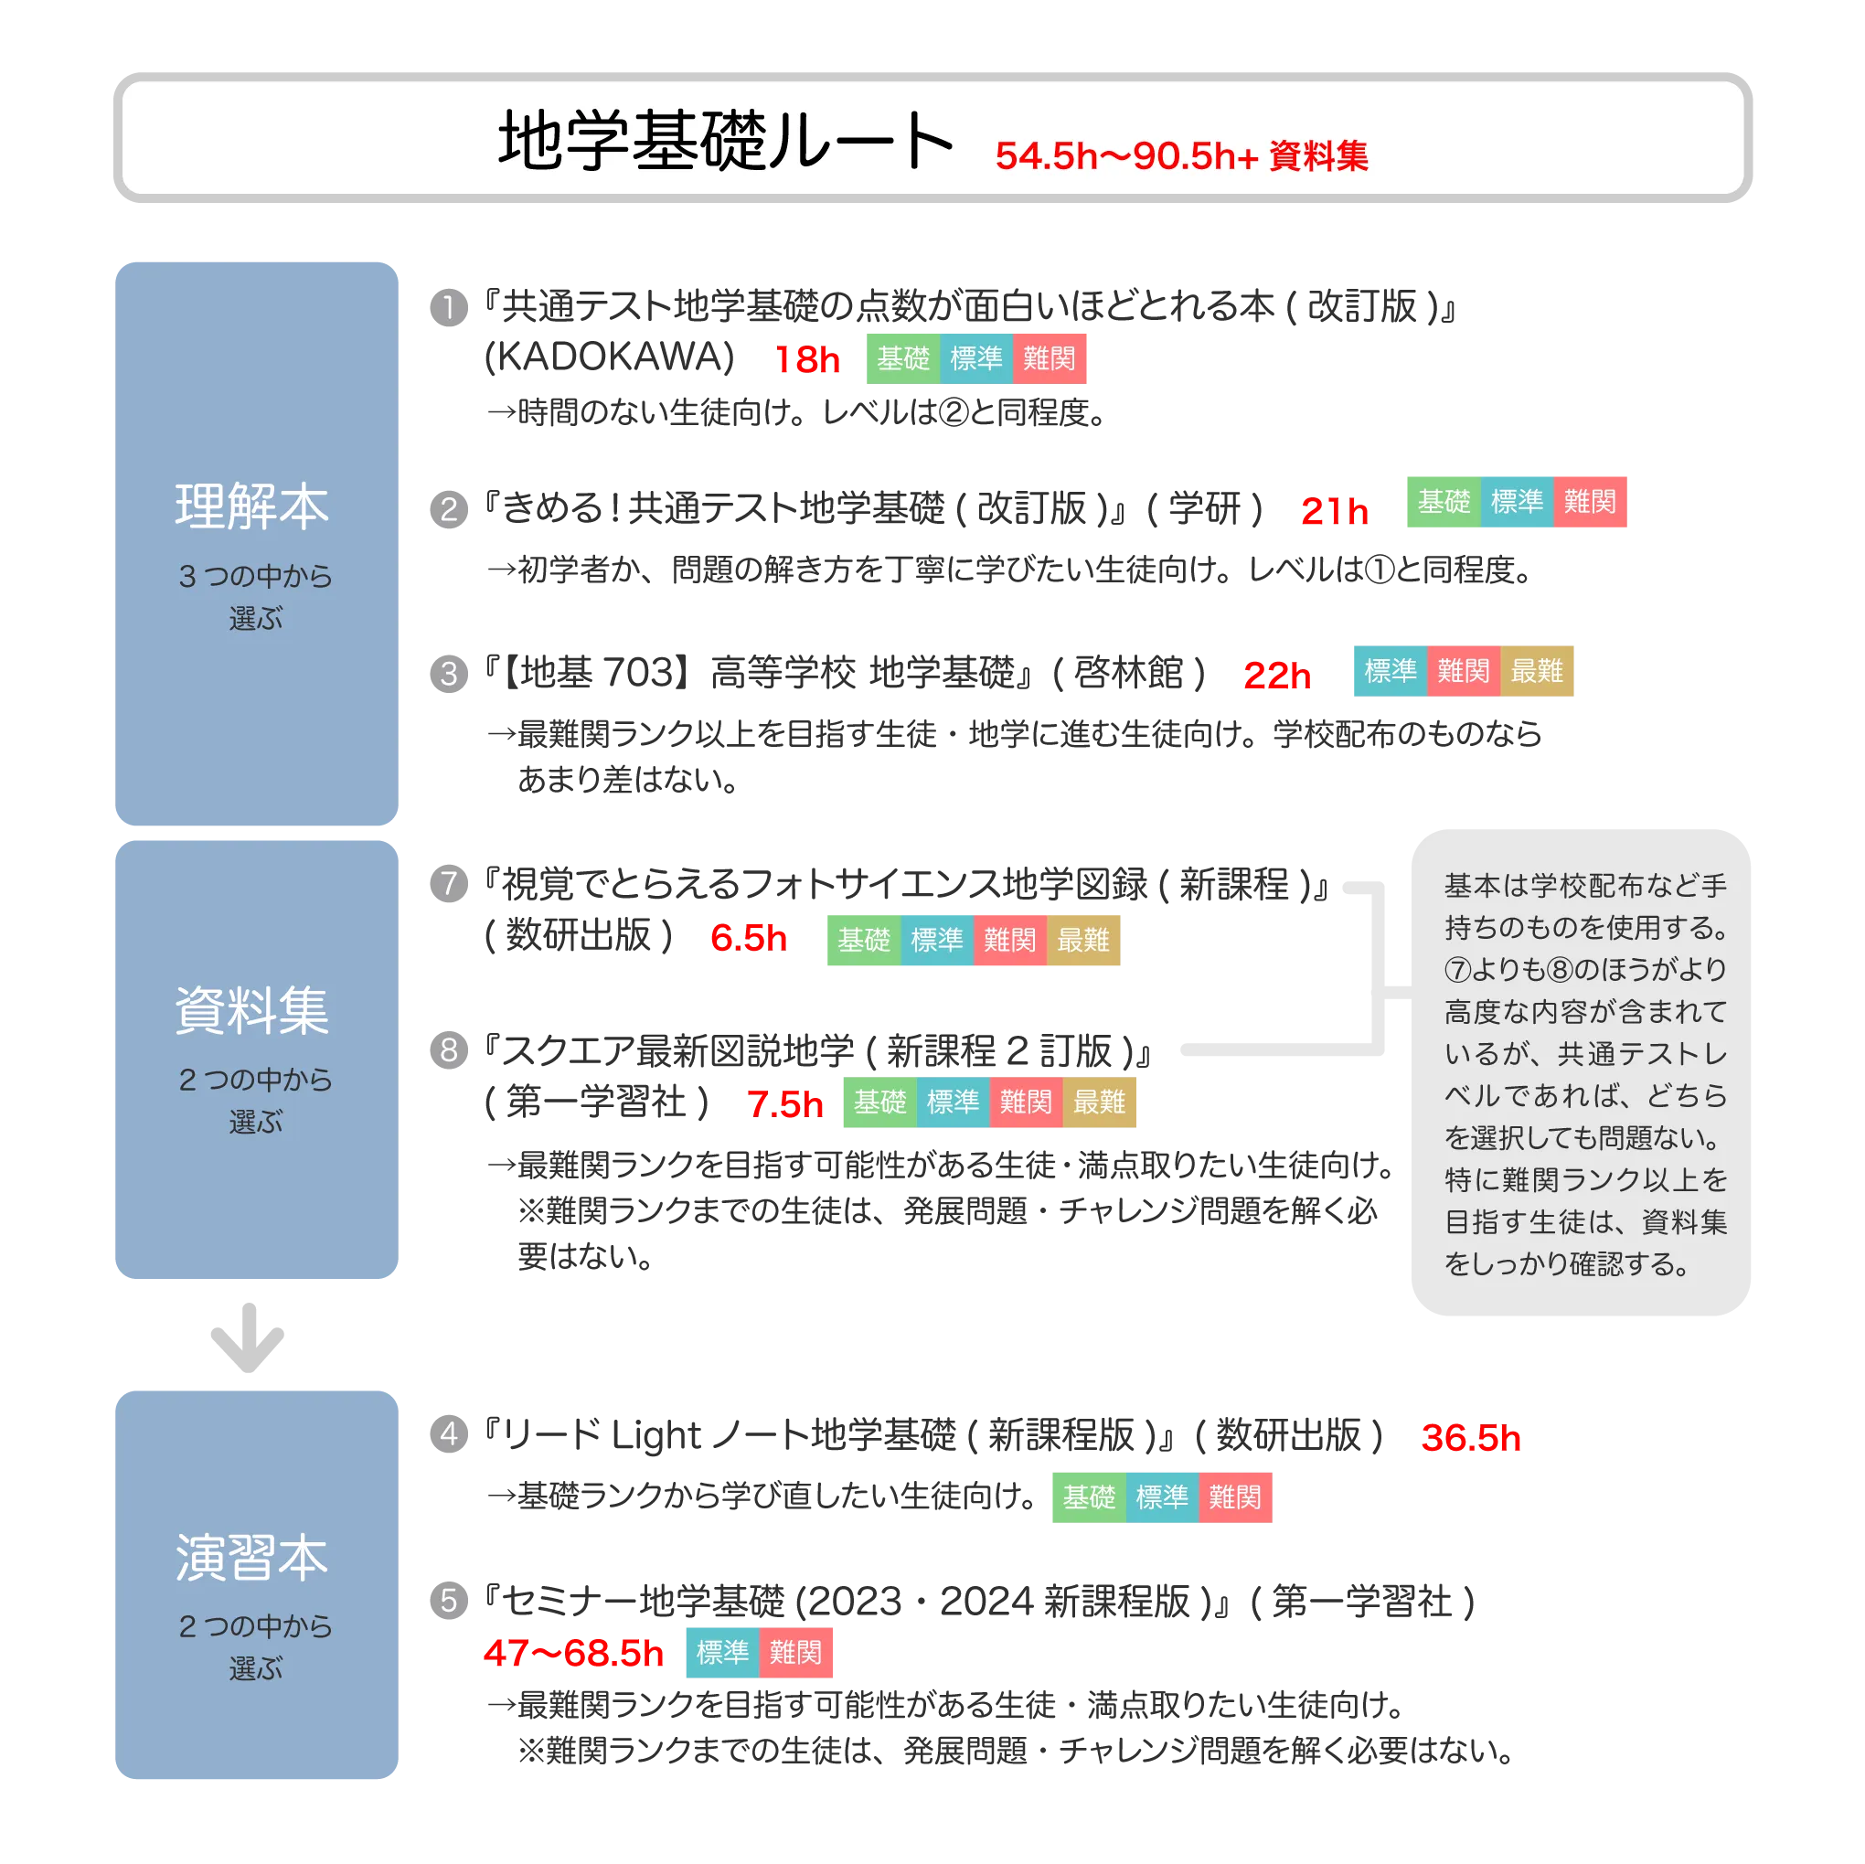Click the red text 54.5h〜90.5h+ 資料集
click(1180, 156)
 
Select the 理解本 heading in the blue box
click(252, 506)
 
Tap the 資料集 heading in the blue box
click(252, 1011)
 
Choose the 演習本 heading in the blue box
click(252, 1557)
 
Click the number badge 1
click(448, 308)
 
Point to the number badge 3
click(448, 673)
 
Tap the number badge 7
click(448, 884)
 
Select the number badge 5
click(448, 1602)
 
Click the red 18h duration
click(807, 360)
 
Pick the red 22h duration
click(1277, 676)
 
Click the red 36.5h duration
click(1469, 1438)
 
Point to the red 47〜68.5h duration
click(573, 1654)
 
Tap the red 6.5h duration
click(748, 938)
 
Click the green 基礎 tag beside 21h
click(1444, 503)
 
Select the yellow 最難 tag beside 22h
click(1537, 672)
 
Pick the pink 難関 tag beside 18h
click(1050, 359)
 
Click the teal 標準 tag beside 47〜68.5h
click(722, 1654)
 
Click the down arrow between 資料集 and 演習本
click(246, 1339)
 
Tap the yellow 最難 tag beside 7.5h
click(1100, 1102)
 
